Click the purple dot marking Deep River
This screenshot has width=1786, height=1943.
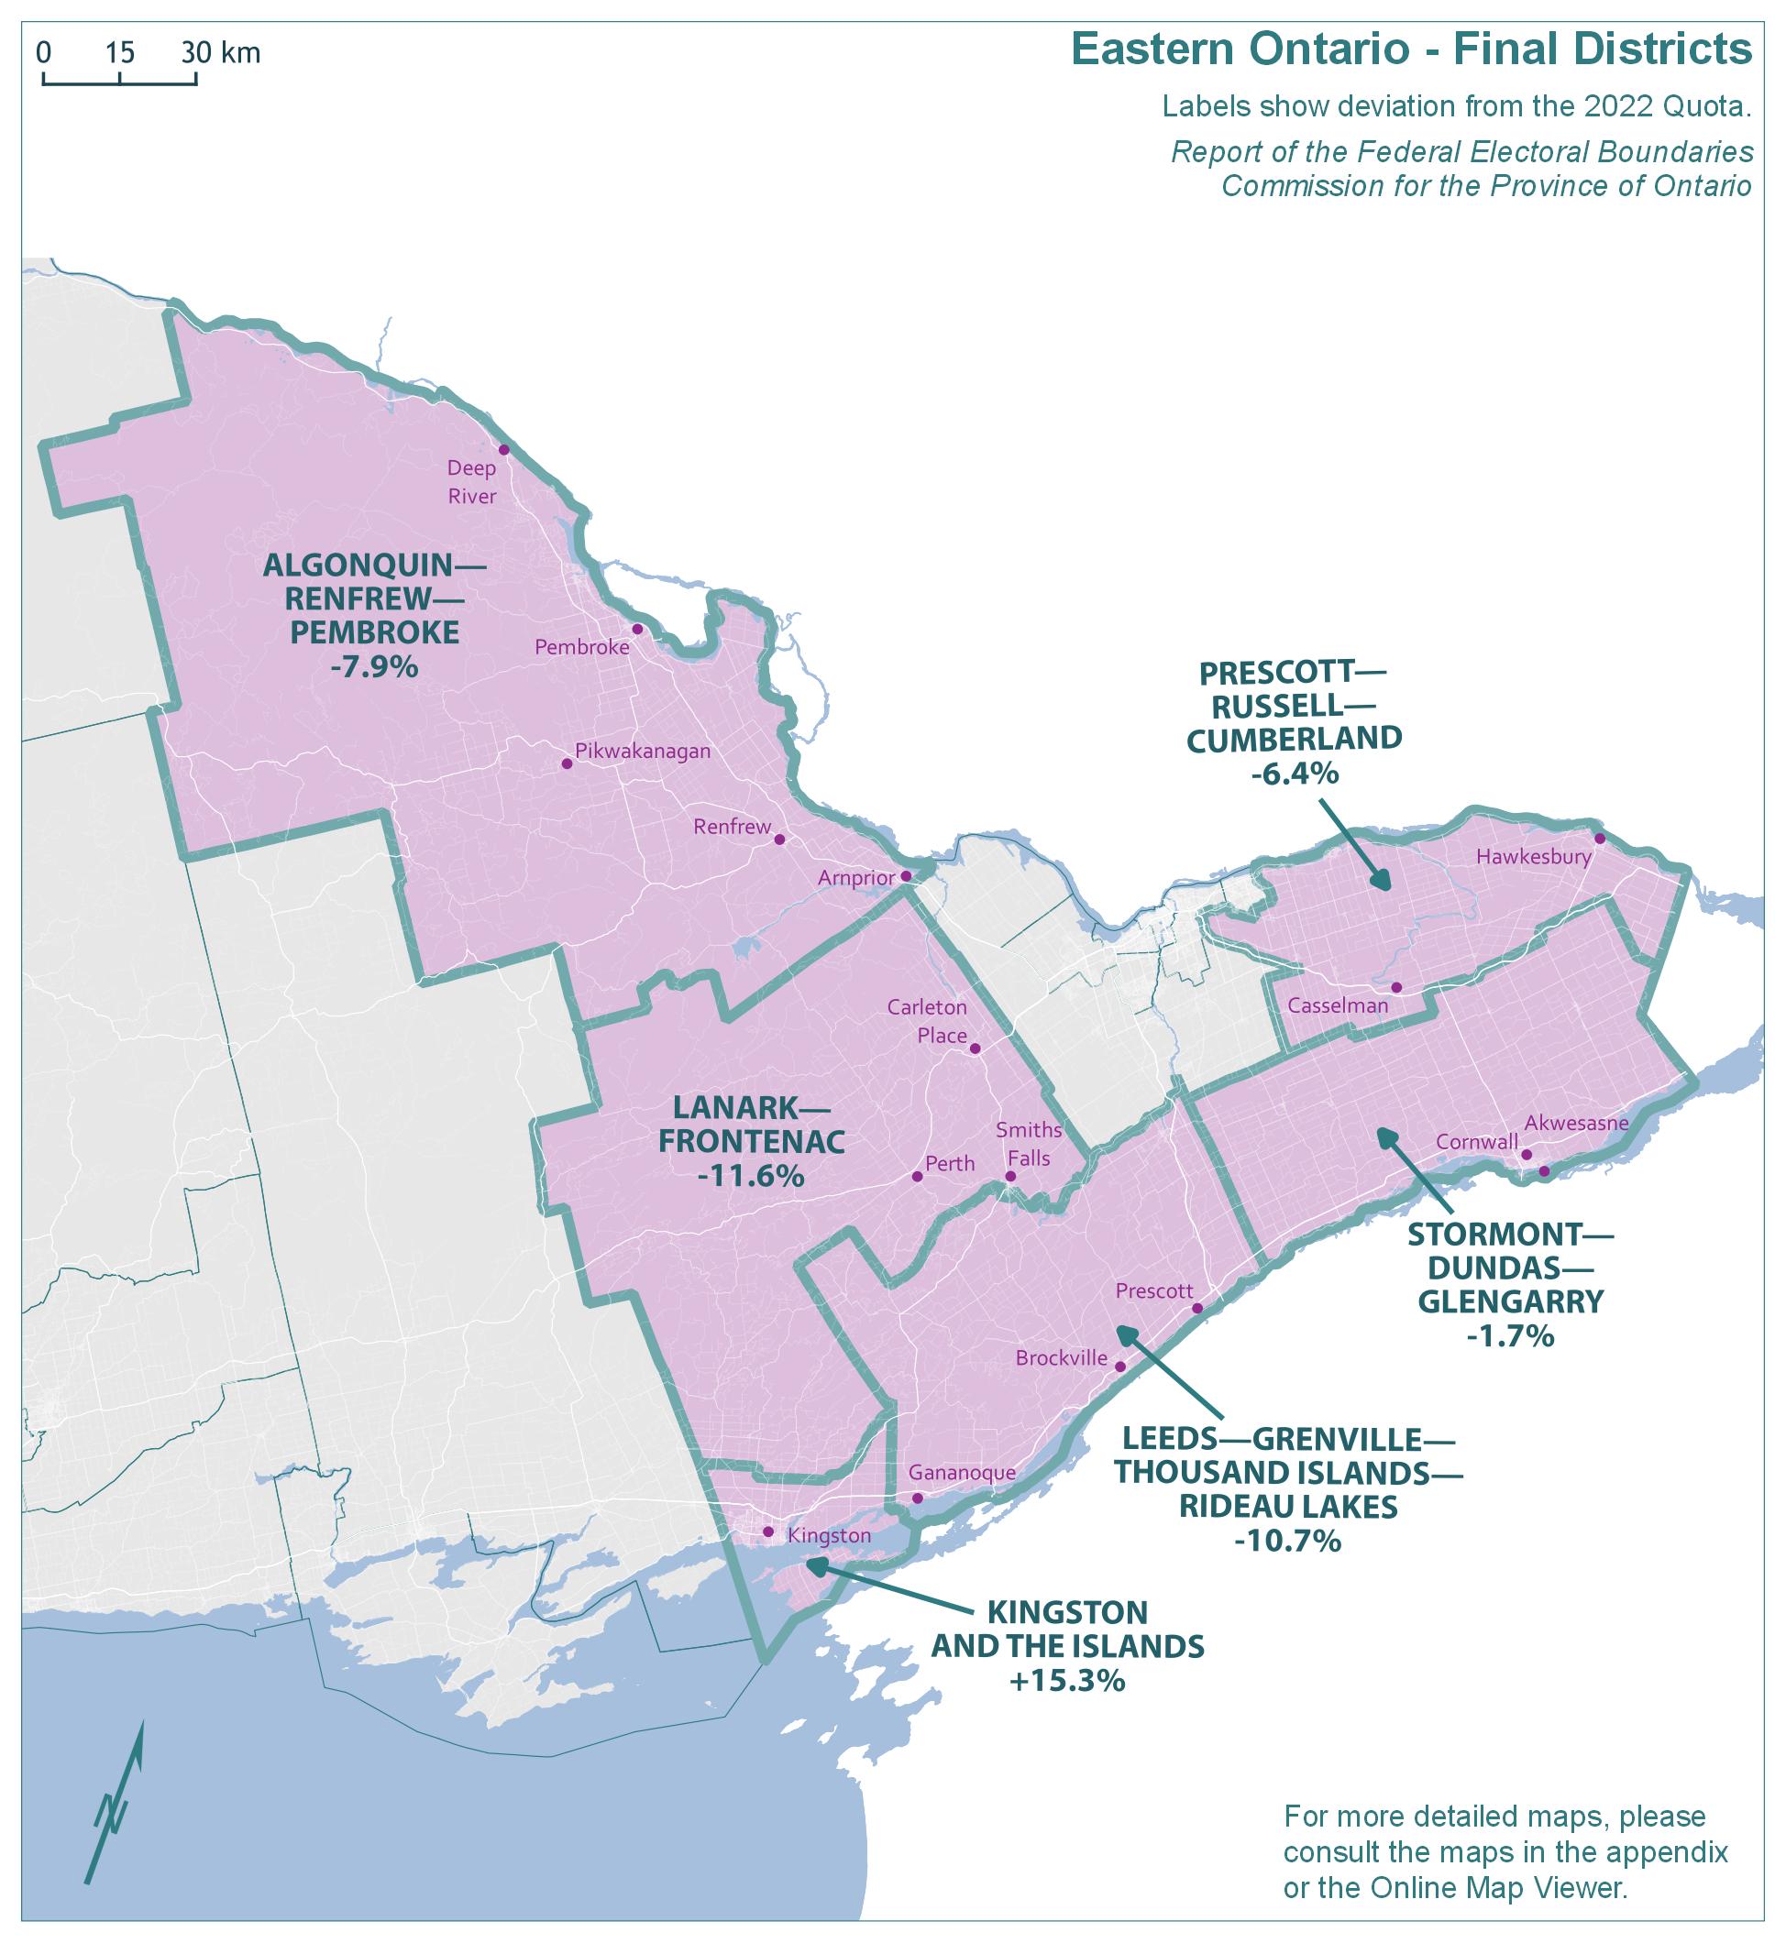503,450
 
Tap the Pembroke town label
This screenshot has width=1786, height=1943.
582,647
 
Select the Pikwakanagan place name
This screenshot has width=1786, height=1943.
643,751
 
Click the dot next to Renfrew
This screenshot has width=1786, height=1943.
780,840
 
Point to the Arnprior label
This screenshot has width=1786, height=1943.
856,878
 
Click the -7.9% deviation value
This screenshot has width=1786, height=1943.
374,666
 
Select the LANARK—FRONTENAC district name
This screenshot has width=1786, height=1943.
751,1124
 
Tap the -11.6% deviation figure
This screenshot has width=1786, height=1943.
751,1176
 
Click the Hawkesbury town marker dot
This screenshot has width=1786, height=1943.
1600,838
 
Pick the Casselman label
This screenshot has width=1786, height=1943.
1338,1005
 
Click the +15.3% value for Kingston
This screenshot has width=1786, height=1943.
1067,1681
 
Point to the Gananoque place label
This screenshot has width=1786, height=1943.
963,1473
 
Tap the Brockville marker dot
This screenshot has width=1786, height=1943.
1120,1367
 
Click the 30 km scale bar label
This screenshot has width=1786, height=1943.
221,52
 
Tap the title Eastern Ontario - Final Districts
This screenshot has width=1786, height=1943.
1411,49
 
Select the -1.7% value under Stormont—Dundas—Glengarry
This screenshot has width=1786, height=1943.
1510,1335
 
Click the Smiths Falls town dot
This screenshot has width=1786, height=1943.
1010,1177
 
